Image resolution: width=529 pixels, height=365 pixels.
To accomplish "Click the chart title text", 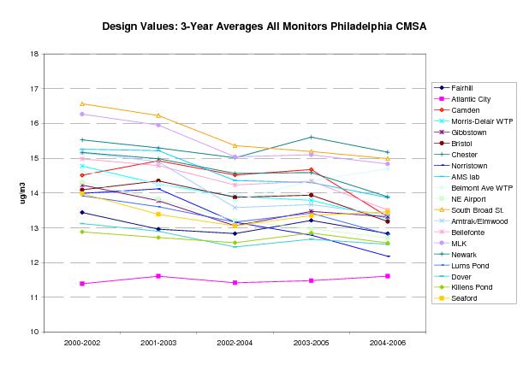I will click(264, 26).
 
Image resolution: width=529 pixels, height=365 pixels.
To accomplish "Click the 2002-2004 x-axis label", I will click(235, 343).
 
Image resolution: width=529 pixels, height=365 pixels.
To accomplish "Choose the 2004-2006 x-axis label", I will click(387, 343).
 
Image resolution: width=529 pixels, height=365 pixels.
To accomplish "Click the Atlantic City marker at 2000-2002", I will click(82, 283).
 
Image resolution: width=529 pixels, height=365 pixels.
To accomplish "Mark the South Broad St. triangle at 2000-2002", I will click(82, 103).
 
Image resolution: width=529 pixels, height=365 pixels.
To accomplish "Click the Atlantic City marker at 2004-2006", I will click(388, 276).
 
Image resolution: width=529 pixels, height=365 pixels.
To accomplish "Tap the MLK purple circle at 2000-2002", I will click(82, 114).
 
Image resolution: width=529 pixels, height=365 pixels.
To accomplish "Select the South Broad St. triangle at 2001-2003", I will click(158, 115).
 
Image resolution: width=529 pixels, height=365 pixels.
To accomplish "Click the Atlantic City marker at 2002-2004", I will click(235, 282).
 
